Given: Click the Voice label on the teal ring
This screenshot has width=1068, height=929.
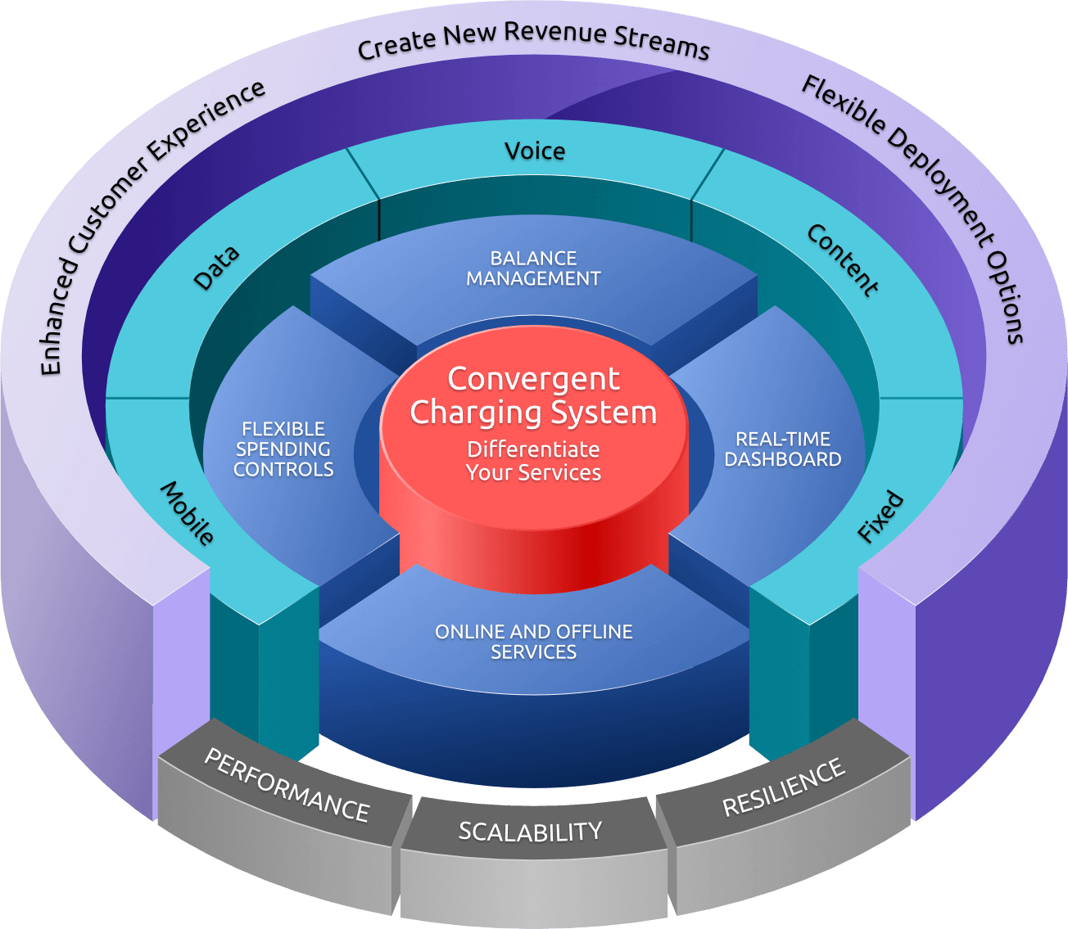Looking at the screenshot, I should [535, 151].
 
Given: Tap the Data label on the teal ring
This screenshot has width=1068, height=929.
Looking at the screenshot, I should [216, 267].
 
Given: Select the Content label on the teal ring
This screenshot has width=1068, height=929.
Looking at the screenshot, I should [843, 259].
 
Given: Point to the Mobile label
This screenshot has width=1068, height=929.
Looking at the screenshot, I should [188, 513].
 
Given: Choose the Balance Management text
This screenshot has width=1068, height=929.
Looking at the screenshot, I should [533, 268].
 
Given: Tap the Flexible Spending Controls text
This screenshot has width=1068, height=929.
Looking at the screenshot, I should [283, 449].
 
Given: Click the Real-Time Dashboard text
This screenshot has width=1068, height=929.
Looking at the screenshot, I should [782, 449].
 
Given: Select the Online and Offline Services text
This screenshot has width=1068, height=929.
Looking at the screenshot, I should [533, 642].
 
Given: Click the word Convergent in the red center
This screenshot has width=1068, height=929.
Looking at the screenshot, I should [533, 379].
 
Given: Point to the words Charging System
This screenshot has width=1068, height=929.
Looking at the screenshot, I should [533, 413].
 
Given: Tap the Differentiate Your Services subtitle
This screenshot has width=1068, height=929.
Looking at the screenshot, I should [533, 461].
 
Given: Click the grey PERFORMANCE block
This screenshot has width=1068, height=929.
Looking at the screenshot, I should [287, 786].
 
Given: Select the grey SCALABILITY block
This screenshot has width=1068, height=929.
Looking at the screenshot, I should [530, 832].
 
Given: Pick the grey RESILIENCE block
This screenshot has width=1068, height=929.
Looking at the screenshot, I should [783, 787].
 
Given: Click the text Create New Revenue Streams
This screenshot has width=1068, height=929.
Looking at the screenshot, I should [533, 40].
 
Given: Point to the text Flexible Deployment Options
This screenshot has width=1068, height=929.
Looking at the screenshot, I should [917, 205].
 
